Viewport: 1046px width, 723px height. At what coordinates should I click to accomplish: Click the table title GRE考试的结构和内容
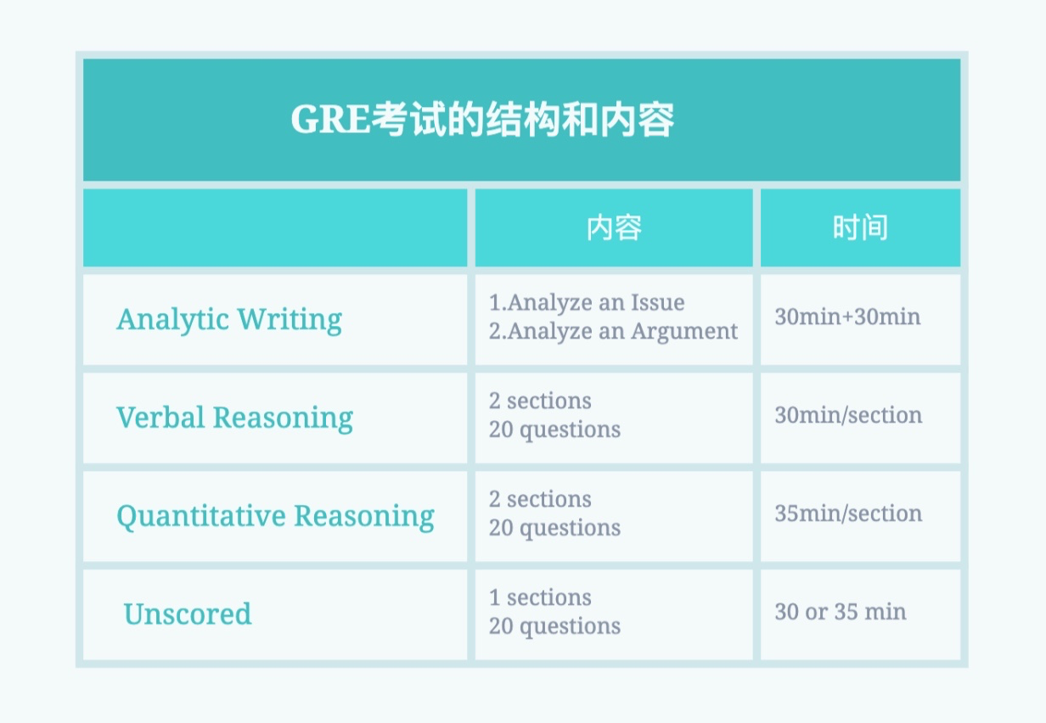coord(482,120)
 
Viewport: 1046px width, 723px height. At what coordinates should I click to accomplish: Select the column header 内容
coord(614,227)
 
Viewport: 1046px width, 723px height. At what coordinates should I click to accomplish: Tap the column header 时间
coord(860,227)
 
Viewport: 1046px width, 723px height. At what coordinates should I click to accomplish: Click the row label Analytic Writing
coord(229,321)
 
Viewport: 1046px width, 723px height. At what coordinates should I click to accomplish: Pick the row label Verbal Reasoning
coord(235,418)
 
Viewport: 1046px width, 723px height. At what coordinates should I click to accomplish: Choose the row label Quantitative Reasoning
coord(275,517)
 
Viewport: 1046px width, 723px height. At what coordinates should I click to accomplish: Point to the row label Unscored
coord(188,614)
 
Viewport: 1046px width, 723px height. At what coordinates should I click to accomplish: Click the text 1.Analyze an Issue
coord(587,302)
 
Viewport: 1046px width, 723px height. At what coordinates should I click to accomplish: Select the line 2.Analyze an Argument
coord(613,332)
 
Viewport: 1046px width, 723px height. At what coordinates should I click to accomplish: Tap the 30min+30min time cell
coord(847,317)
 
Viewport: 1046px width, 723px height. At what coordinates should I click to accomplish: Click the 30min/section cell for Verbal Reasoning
coord(848,415)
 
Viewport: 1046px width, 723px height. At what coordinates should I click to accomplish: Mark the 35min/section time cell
coord(848,513)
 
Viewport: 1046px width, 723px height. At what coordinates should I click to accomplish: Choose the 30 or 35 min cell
coord(841,612)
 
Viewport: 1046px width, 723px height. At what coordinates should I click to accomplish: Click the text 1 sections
coord(540,597)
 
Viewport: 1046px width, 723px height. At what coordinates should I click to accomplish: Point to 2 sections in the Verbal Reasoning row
coord(540,401)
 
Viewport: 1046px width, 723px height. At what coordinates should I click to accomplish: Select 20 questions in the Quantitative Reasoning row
coord(554,529)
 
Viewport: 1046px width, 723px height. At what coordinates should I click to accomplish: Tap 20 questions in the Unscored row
coord(554,627)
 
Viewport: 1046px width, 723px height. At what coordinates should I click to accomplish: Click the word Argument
coord(684,332)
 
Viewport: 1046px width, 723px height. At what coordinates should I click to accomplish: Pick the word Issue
coord(658,302)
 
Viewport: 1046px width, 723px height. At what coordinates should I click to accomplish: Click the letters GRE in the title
coord(330,120)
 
